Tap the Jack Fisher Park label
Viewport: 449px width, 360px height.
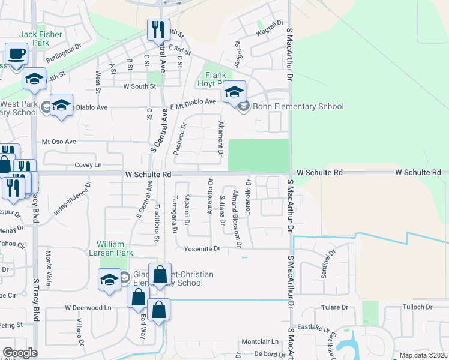pos(40,39)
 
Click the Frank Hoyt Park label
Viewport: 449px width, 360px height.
pos(215,80)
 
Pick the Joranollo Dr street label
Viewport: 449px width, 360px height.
pos(248,197)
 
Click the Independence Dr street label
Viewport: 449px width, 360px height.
pos(72,199)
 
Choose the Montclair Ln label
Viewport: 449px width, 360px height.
pos(261,341)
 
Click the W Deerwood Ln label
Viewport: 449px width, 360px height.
pos(88,308)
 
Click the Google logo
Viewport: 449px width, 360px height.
pos(20,353)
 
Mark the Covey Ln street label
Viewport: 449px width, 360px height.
pos(88,165)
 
